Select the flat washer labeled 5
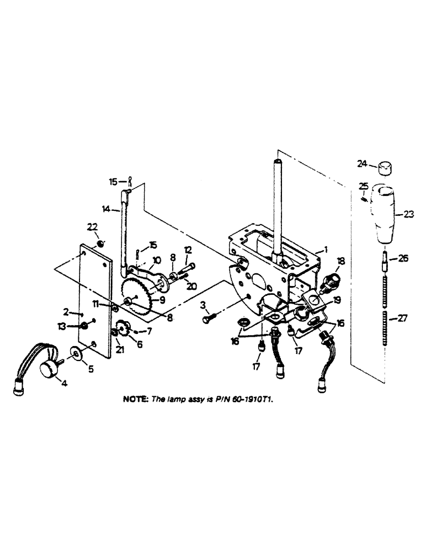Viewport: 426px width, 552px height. pyautogui.click(x=77, y=353)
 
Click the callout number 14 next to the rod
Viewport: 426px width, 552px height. pyautogui.click(x=106, y=209)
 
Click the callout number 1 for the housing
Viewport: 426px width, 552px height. pyautogui.click(x=327, y=249)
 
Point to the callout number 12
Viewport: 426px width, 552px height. pyautogui.click(x=188, y=251)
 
